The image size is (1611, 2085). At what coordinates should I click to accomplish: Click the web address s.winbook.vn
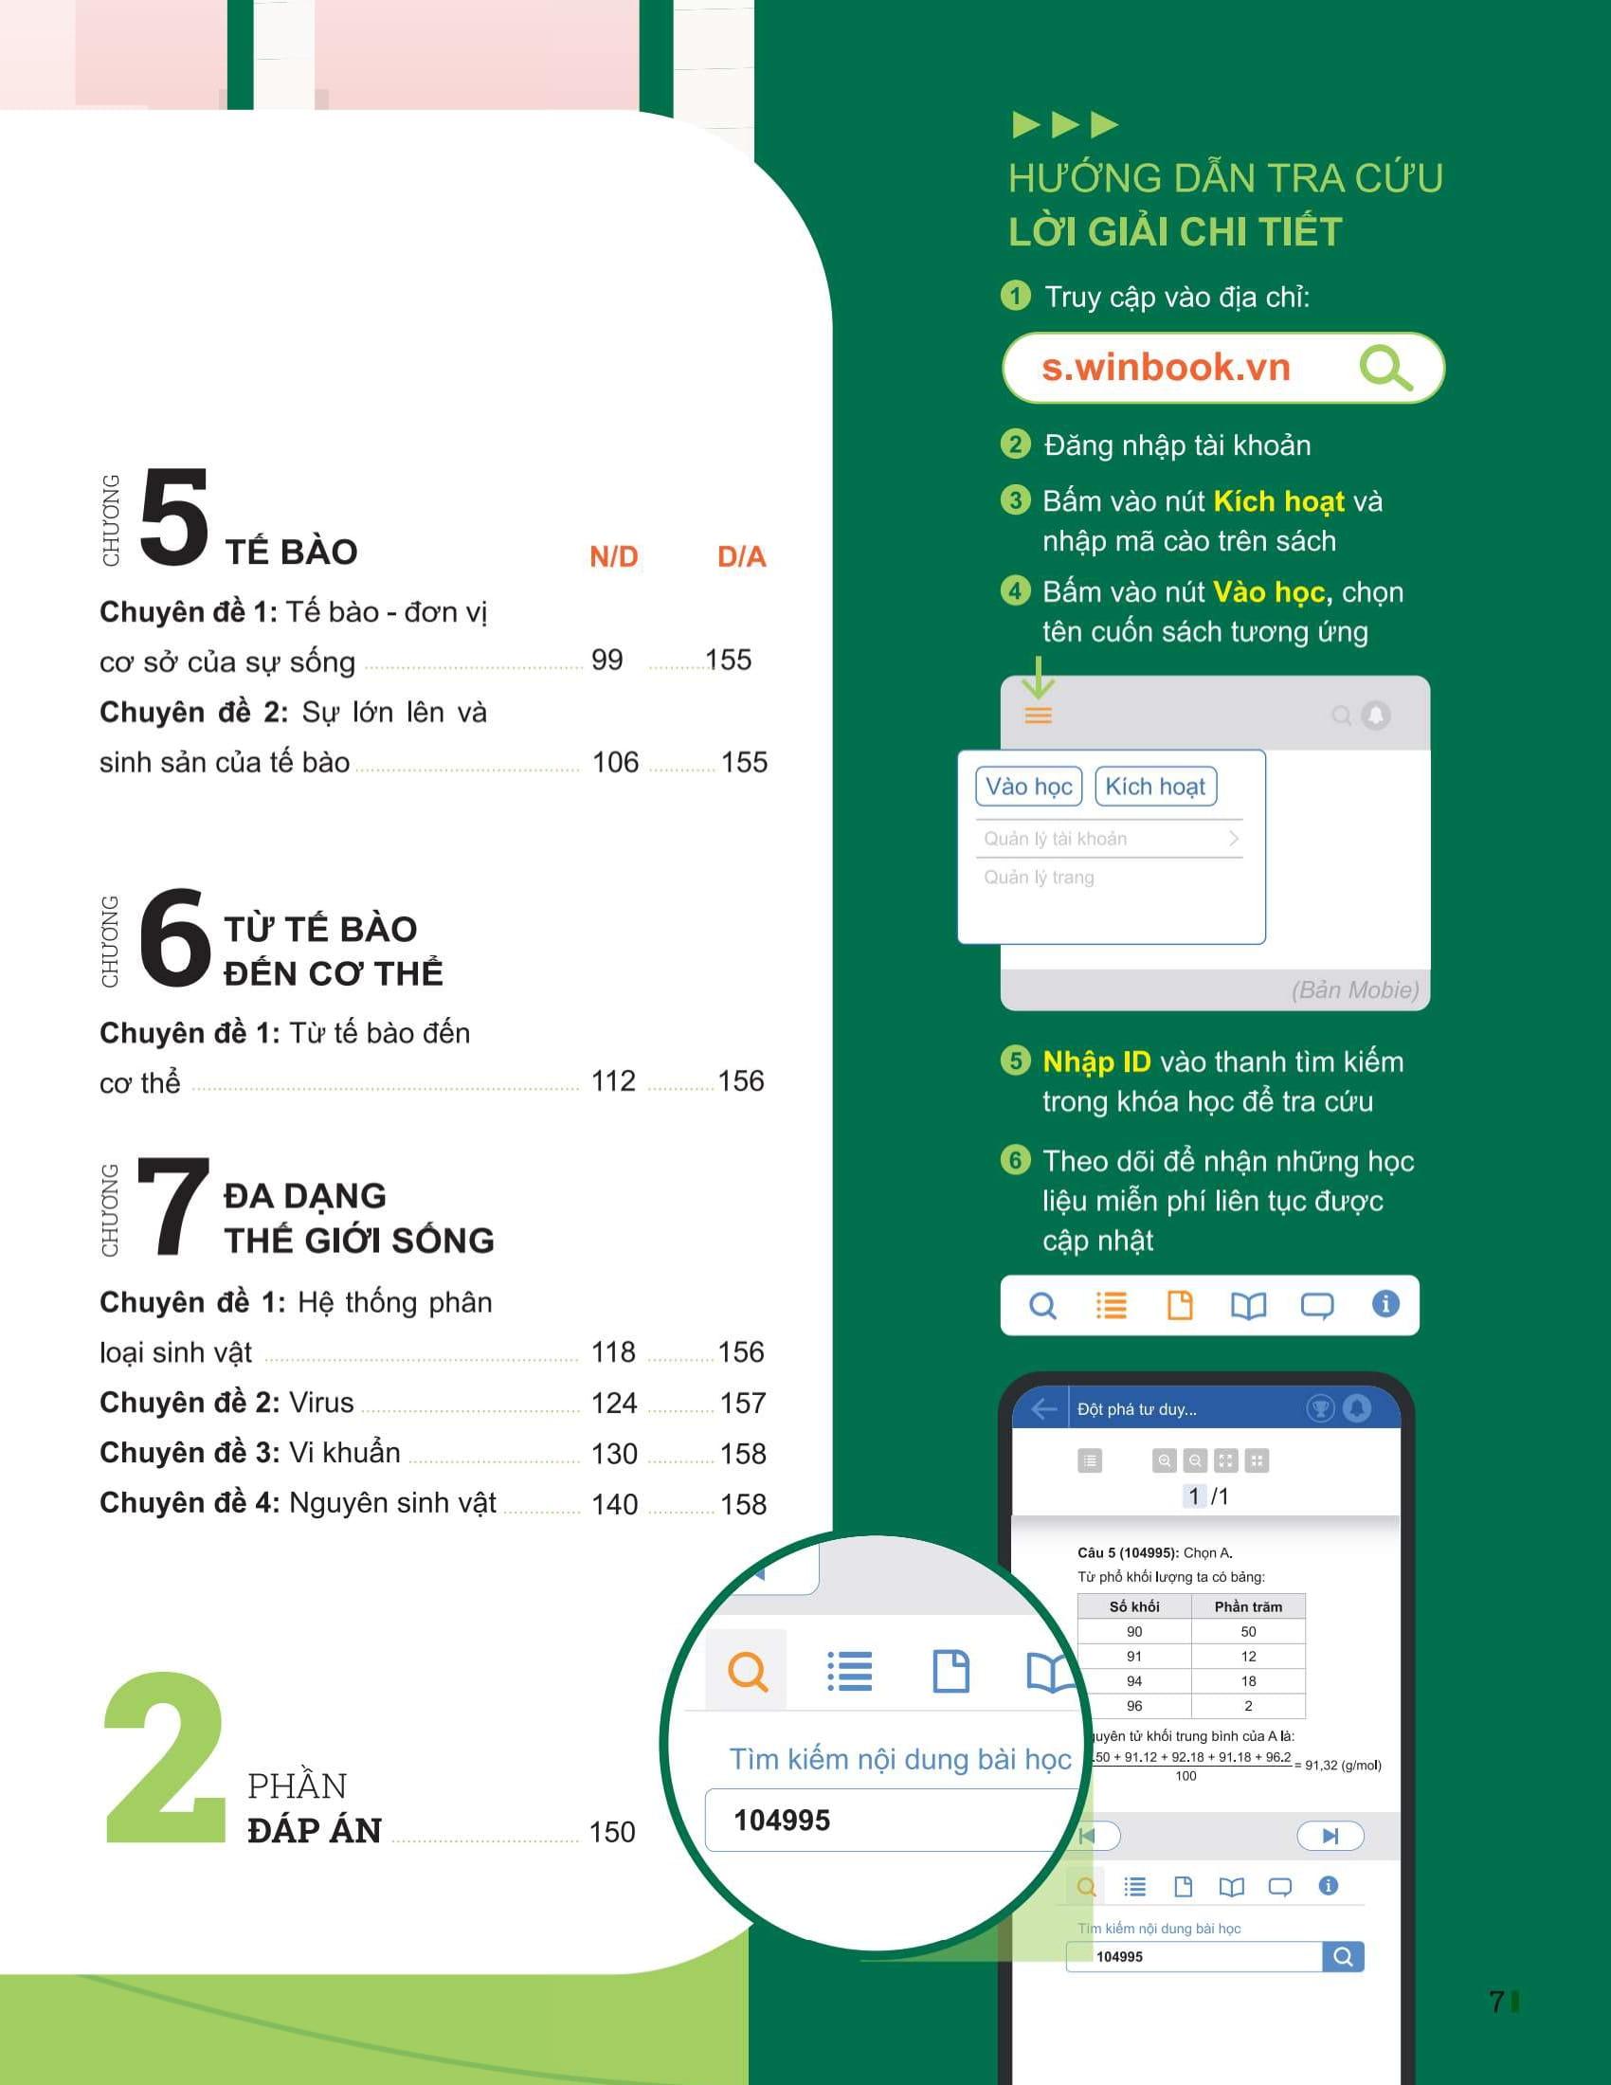1166,368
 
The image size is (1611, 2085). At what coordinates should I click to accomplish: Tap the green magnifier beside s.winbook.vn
1385,369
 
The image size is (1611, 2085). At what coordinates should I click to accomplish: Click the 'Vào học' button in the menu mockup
1029,787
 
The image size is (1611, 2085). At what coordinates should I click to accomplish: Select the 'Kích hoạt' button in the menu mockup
1155,787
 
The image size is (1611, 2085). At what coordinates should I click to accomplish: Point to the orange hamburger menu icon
1039,715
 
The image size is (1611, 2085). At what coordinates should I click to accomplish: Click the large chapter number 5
173,516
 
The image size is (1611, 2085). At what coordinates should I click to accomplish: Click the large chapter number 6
174,936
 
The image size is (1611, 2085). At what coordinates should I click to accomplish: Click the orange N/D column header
614,556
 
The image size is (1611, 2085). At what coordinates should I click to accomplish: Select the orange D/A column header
742,556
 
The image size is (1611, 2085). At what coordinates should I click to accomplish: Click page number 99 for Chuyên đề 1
607,660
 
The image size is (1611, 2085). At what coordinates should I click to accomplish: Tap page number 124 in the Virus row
614,1403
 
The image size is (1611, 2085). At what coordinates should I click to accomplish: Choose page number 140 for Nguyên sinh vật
615,1504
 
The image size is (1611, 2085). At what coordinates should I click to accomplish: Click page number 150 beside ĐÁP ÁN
612,1831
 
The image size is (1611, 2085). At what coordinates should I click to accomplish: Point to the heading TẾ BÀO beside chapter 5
291,552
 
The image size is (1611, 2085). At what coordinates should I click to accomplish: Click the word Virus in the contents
321,1403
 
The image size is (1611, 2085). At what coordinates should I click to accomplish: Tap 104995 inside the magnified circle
782,1820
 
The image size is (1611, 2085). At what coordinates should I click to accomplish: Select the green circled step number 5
1016,1061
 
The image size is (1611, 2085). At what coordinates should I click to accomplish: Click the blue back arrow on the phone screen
1044,1409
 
